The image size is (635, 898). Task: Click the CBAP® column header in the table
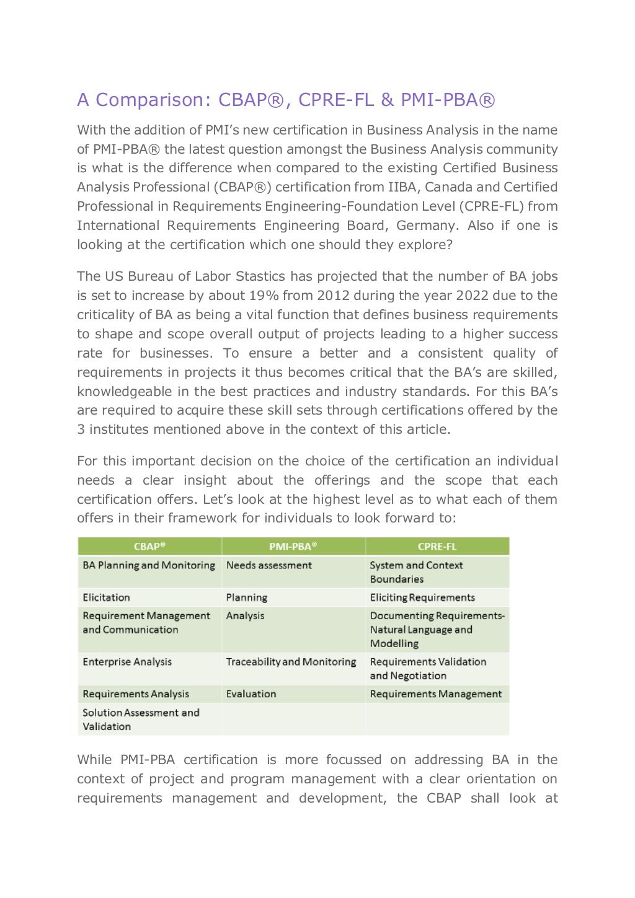[x=149, y=547]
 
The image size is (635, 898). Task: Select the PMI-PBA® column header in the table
[x=293, y=547]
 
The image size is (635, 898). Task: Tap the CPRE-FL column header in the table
[x=437, y=547]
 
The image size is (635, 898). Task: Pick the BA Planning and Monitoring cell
[x=149, y=565]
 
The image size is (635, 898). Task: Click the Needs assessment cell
[x=269, y=565]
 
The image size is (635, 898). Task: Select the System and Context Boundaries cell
[x=416, y=572]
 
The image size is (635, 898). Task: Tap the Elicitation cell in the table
[x=106, y=597]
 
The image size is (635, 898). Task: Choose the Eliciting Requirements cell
[x=422, y=597]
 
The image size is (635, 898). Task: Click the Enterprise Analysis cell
[x=127, y=662]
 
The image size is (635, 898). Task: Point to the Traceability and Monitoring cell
[x=291, y=662]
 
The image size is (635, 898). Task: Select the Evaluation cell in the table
[x=251, y=694]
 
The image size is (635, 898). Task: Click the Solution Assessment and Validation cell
[x=141, y=720]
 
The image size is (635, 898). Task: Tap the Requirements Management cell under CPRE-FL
[x=435, y=694]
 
